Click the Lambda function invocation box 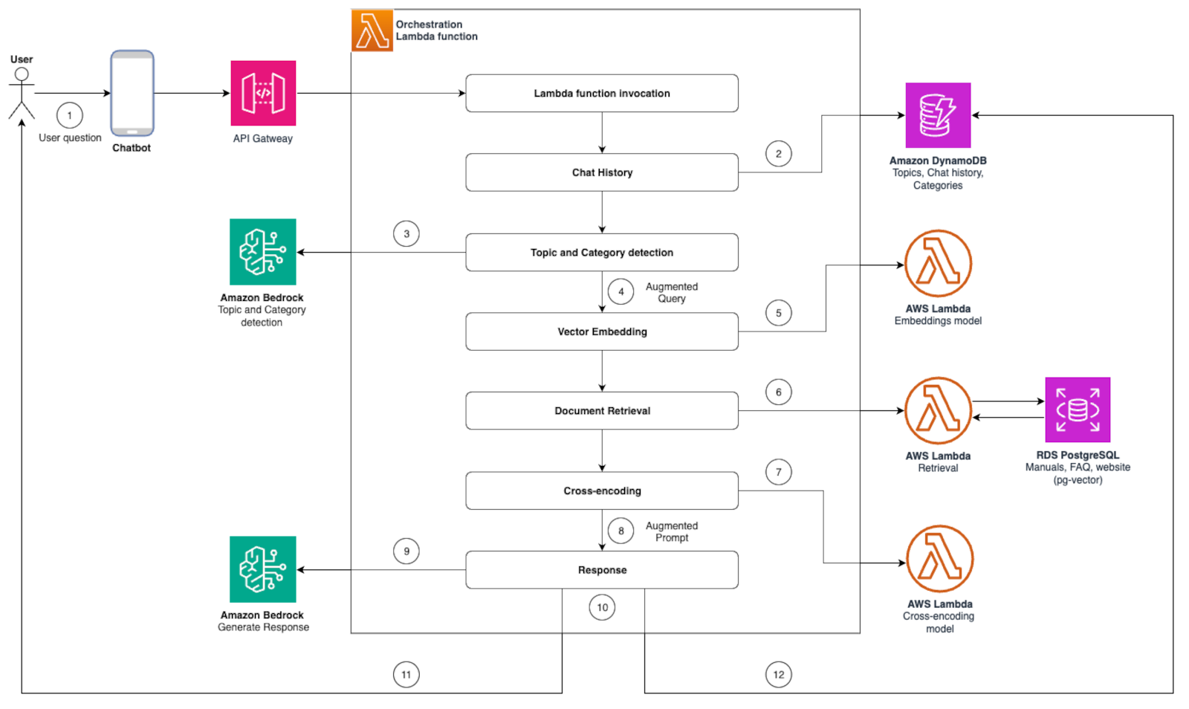click(602, 93)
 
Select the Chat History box click(602, 172)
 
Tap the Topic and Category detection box click(602, 253)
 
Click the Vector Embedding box click(602, 331)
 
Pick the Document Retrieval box click(602, 410)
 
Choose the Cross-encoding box click(602, 491)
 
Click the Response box click(602, 570)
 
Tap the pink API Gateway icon click(263, 93)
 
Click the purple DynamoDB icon click(938, 115)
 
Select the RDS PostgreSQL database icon click(1078, 409)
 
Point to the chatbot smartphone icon click(132, 93)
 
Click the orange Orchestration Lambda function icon click(372, 30)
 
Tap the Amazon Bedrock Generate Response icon click(262, 569)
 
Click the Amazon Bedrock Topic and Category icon click(262, 252)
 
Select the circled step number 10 click(602, 607)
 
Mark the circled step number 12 click(778, 675)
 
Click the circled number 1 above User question click(70, 115)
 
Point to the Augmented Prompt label click(671, 531)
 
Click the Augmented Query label click(671, 292)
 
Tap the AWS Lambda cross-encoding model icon click(939, 559)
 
